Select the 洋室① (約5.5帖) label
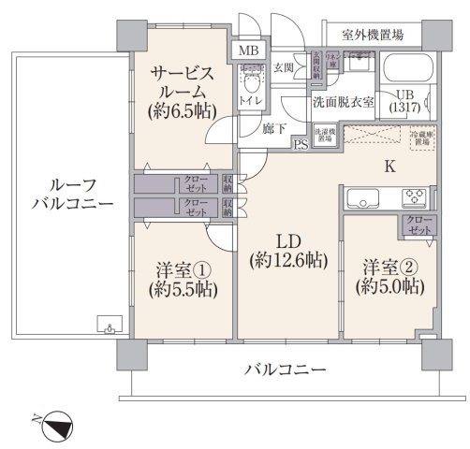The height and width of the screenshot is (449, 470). pyautogui.click(x=183, y=280)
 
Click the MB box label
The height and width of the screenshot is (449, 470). pyautogui.click(x=249, y=51)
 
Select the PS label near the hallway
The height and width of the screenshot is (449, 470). pyautogui.click(x=301, y=144)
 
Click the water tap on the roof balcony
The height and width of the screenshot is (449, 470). pyautogui.click(x=110, y=327)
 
